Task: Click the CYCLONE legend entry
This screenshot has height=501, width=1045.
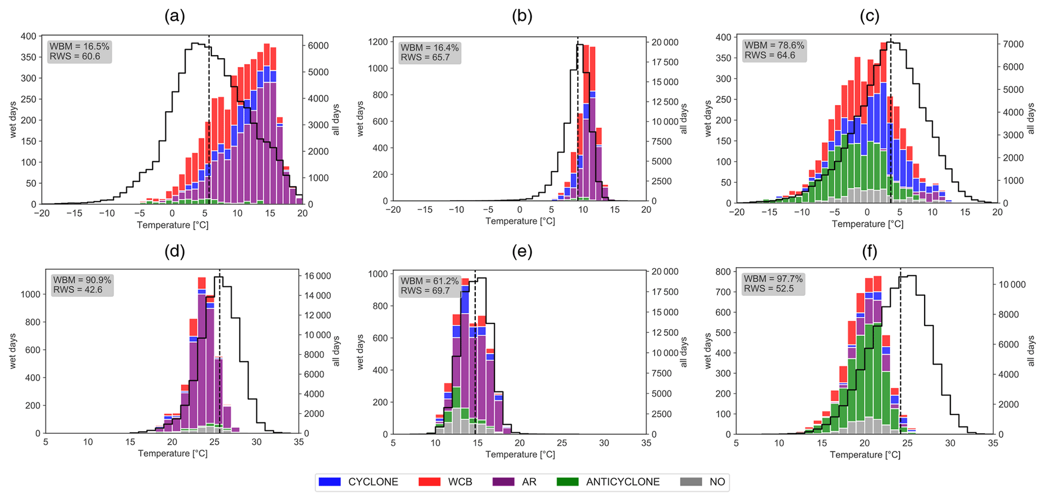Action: click(x=358, y=482)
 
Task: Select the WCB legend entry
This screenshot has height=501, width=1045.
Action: click(x=445, y=482)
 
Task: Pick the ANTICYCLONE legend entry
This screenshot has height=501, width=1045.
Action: click(x=608, y=482)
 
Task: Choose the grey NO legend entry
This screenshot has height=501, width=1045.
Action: click(x=703, y=482)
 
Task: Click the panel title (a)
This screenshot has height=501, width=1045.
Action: click(x=175, y=16)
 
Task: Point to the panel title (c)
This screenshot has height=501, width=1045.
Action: click(x=870, y=16)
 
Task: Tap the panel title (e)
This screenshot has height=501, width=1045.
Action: click(x=522, y=251)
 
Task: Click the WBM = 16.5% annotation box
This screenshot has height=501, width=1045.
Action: click(x=79, y=52)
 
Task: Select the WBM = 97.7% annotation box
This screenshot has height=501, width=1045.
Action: click(x=773, y=284)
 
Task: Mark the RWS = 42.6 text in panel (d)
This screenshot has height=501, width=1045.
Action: click(x=78, y=290)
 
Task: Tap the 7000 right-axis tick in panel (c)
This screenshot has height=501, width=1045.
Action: click(x=1013, y=44)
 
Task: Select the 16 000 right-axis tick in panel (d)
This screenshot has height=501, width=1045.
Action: click(x=316, y=276)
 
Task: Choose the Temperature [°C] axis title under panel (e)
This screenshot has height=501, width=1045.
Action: click(x=520, y=455)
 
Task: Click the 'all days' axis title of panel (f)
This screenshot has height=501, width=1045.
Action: click(x=1031, y=351)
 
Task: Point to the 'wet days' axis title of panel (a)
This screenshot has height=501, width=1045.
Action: click(x=13, y=120)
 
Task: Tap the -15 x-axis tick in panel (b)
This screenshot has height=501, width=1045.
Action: click(x=425, y=210)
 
